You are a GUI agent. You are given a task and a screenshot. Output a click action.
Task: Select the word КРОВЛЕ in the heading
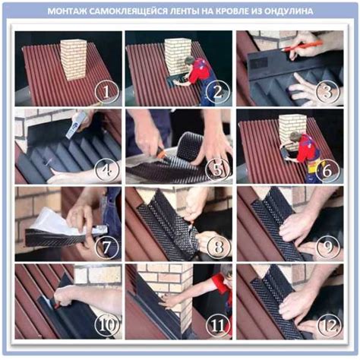click(x=219, y=11)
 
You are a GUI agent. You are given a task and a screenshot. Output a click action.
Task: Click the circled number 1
click(x=106, y=92)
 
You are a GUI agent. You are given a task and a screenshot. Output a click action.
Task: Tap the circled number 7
click(x=106, y=247)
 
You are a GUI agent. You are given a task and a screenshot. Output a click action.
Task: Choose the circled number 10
click(x=106, y=325)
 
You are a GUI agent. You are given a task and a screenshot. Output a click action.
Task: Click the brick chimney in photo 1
click(x=74, y=60)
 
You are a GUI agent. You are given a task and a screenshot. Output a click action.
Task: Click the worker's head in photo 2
click(x=189, y=61)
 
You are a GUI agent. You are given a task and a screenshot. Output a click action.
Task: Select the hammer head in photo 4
click(x=76, y=125)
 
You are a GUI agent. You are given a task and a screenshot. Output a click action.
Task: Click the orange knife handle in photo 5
click(x=161, y=153)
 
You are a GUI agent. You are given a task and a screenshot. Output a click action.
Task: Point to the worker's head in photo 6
click(x=294, y=137)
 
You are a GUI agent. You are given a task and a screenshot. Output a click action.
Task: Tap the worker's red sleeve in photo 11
click(x=221, y=282)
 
